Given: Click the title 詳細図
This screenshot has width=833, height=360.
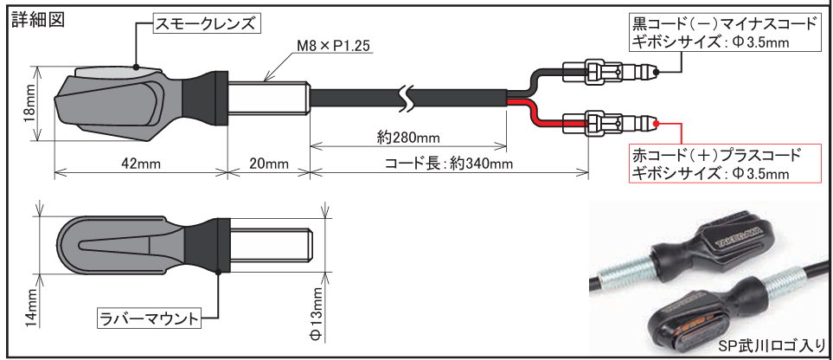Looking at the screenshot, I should (35, 19).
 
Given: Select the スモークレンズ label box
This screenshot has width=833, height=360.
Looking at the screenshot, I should (205, 24).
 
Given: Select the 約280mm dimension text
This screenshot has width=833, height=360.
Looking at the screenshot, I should (408, 138).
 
